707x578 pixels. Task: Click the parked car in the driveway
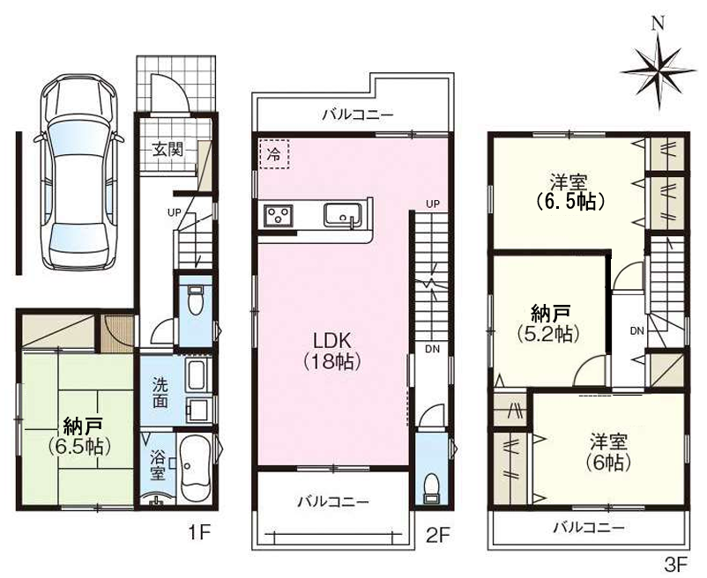click(x=77, y=174)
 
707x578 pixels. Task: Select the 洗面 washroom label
click(x=160, y=393)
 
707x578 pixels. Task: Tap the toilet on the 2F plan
click(x=432, y=485)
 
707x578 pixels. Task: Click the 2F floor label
click(x=438, y=532)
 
